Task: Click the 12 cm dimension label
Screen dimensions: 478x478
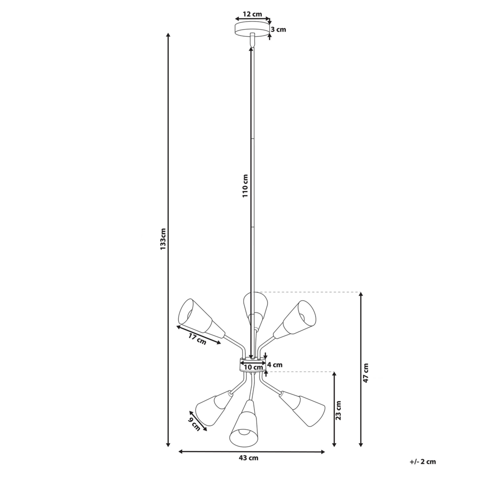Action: [252, 14]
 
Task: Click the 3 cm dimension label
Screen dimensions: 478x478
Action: [278, 30]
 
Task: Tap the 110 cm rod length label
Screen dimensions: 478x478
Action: [245, 185]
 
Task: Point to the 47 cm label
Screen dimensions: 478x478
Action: [366, 373]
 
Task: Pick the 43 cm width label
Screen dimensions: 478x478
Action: [249, 458]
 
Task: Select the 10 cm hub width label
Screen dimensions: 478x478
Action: [252, 367]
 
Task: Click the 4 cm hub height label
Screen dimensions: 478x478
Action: [275, 365]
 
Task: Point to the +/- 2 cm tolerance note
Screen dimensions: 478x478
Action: [423, 462]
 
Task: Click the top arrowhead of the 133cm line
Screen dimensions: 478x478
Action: [168, 36]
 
